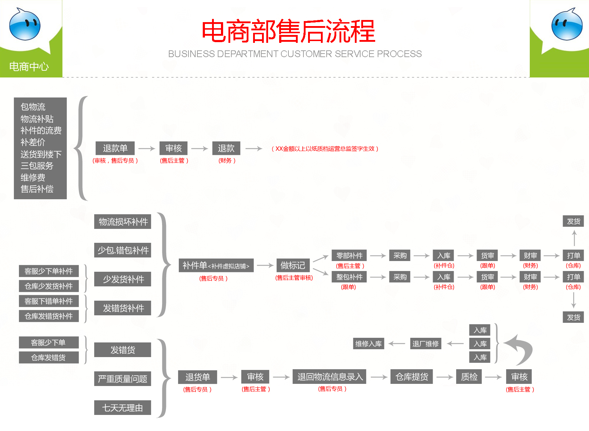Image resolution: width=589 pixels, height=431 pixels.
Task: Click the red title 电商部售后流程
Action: pos(288,31)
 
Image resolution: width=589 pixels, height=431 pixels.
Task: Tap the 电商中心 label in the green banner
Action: pos(29,66)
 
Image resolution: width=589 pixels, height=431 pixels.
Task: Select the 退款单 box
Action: pos(115,148)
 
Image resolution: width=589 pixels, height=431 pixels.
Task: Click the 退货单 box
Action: pos(197,377)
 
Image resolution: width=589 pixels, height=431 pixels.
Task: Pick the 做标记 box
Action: pos(293,265)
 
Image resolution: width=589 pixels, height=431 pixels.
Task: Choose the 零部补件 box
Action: pos(349,256)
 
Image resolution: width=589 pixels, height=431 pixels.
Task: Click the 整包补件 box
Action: pos(349,277)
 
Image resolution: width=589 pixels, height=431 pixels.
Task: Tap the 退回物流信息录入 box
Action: pos(330,377)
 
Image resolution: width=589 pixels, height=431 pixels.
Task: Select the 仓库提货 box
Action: pos(412,377)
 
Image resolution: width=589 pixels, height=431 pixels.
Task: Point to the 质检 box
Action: pos(469,377)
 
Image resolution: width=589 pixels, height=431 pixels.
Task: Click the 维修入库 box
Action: pos(368,344)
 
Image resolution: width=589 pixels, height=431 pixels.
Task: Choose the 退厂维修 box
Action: pos(426,344)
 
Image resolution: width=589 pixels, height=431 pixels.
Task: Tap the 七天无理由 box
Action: pos(122,408)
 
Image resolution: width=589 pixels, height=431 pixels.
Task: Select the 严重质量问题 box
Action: pos(122,379)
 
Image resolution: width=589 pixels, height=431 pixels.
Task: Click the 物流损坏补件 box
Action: pos(123,222)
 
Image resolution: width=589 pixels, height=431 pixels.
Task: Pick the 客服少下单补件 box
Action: pos(49,271)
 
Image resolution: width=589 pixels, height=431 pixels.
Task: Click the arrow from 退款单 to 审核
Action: pos(147,149)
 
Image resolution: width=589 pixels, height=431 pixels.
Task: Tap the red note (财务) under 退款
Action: pos(227,161)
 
